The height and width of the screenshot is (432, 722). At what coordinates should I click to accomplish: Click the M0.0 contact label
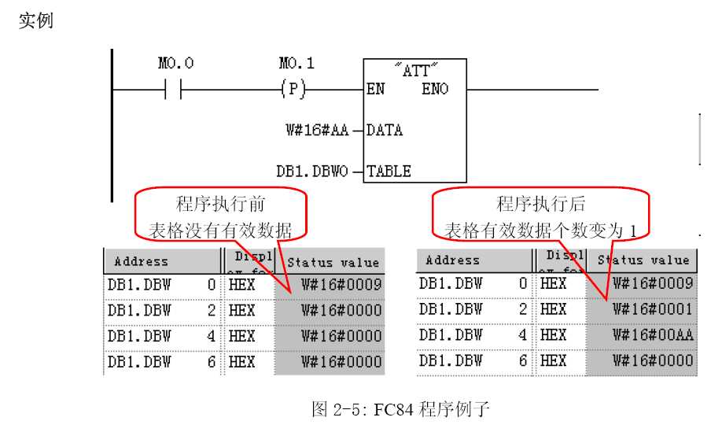coord(175,63)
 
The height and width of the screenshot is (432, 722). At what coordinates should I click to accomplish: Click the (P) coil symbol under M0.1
coord(292,89)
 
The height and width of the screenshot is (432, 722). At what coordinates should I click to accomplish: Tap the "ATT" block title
coord(415,70)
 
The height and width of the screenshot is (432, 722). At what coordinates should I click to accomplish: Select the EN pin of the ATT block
coord(376,89)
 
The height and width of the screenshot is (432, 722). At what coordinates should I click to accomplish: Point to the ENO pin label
coord(434,89)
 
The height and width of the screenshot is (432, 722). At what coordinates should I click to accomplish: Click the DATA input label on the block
coord(385,130)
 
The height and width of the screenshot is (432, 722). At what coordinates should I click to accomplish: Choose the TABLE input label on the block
coord(389,171)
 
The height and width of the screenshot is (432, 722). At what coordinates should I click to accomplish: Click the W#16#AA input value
coord(317,130)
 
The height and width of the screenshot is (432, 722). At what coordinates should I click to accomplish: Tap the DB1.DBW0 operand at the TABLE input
coord(312,171)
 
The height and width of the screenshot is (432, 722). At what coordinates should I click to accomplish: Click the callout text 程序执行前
coord(220,205)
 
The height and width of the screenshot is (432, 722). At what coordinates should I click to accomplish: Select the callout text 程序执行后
coord(541,205)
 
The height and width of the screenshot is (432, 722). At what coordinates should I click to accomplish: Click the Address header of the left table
coord(142,261)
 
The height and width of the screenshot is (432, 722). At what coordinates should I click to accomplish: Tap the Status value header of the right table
coord(643,260)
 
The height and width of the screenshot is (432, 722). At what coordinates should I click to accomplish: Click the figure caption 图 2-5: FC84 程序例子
coord(401,409)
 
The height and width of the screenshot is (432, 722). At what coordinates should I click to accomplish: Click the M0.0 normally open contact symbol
coord(174,89)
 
